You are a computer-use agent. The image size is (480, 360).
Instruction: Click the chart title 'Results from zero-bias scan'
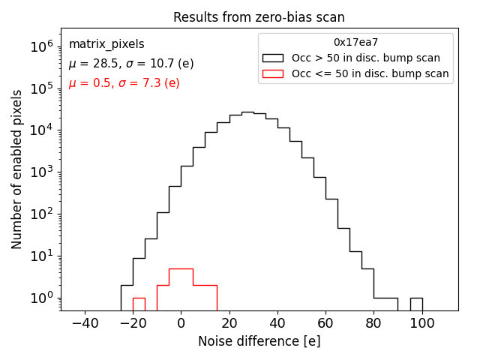(259, 17)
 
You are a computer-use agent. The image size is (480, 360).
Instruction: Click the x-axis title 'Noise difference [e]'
(259, 341)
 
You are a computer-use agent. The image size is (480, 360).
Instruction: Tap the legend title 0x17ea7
(355, 43)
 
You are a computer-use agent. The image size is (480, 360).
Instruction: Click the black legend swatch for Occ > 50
(274, 58)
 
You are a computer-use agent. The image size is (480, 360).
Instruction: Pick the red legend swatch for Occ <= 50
(274, 73)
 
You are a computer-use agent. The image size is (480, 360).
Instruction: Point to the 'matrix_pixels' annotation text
(106, 44)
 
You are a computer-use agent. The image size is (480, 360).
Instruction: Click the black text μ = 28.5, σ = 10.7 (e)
(131, 64)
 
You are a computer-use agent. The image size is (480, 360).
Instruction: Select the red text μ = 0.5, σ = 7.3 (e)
(124, 83)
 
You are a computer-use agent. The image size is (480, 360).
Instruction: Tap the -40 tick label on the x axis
(84, 323)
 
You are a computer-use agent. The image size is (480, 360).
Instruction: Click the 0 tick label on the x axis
(181, 323)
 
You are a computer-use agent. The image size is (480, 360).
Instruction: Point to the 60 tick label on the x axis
(325, 323)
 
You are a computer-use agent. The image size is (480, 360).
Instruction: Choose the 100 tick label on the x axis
(422, 323)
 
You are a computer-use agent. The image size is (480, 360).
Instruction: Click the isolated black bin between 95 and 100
(416, 303)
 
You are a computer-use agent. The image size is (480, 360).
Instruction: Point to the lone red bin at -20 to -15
(139, 304)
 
